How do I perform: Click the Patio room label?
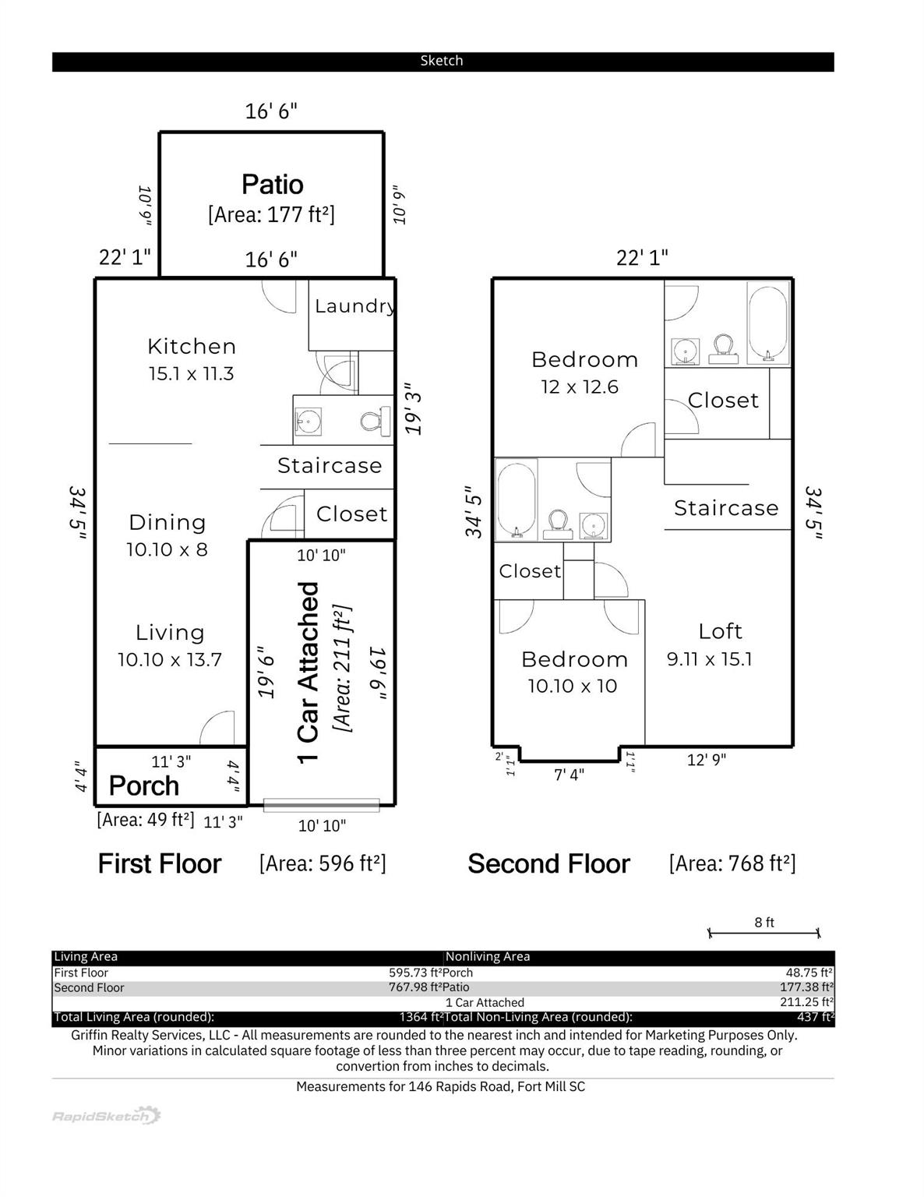pos(272,185)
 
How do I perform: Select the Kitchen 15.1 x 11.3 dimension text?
pos(192,374)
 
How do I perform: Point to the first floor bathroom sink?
pos(309,422)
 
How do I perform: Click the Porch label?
pos(144,786)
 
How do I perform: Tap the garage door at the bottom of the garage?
pos(321,805)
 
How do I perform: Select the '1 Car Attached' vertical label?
pos(309,672)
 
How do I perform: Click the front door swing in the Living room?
pos(219,729)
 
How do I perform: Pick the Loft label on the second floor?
pos(720,630)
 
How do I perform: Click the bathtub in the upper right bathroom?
pos(768,323)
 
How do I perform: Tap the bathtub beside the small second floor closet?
pos(516,499)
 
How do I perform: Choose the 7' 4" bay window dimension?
pos(569,775)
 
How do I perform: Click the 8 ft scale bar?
pos(764,931)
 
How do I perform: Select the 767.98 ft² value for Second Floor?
pos(414,987)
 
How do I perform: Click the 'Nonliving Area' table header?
pos(488,956)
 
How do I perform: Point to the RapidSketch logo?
pos(106,1116)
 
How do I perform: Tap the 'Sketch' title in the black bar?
pos(442,61)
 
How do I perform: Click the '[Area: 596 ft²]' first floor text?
pos(323,863)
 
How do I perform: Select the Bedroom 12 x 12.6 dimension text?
pos(580,387)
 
